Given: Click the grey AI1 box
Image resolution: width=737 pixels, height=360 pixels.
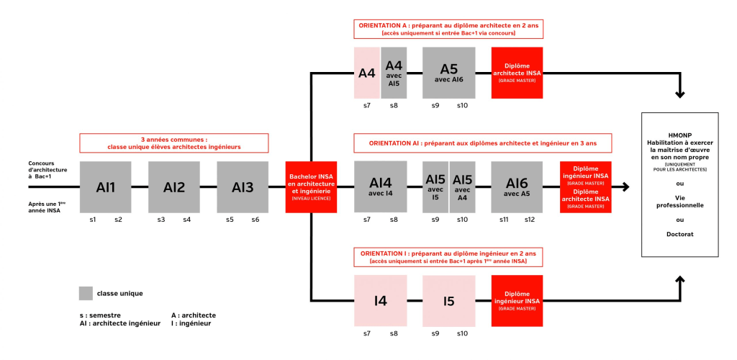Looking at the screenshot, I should pos(106,186).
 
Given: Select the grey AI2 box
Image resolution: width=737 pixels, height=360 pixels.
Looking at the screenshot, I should pos(174,186).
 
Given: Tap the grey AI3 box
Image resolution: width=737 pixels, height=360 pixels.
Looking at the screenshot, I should pos(243,186).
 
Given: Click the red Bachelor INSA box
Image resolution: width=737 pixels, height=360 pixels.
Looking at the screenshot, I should pos(311,186).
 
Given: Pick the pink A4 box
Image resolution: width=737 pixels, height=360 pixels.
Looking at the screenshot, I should pos(367,73).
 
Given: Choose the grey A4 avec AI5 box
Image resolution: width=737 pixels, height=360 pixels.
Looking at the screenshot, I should pos(394,73).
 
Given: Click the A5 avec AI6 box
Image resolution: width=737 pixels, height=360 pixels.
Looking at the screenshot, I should pos(449,73).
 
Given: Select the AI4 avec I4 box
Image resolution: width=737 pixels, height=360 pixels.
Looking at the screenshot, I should pos(380,186).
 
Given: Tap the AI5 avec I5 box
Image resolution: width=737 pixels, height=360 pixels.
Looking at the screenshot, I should pos(435,186).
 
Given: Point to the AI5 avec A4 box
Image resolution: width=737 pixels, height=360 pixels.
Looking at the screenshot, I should pos(463,186).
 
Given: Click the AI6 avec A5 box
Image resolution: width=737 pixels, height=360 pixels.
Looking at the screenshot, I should pos(517,186).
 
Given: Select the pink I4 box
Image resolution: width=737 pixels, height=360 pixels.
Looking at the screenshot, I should pos(380,300).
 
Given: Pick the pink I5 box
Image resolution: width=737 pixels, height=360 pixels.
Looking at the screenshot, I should pos(449,300).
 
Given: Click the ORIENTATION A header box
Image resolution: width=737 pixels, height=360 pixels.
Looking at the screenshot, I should pos(448,29).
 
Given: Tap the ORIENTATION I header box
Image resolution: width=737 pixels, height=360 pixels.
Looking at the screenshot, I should pos(448,257).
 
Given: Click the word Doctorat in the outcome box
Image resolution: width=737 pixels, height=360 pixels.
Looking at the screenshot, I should pos(680,235).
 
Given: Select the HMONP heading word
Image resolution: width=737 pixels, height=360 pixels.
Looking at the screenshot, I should pos(680,135).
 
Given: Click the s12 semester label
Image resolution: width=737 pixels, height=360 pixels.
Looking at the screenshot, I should pos(530,219).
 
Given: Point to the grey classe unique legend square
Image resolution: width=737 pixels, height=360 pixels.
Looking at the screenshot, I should pos(86,293).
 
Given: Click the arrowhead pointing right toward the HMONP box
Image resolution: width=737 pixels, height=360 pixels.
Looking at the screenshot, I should pos(625,186).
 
